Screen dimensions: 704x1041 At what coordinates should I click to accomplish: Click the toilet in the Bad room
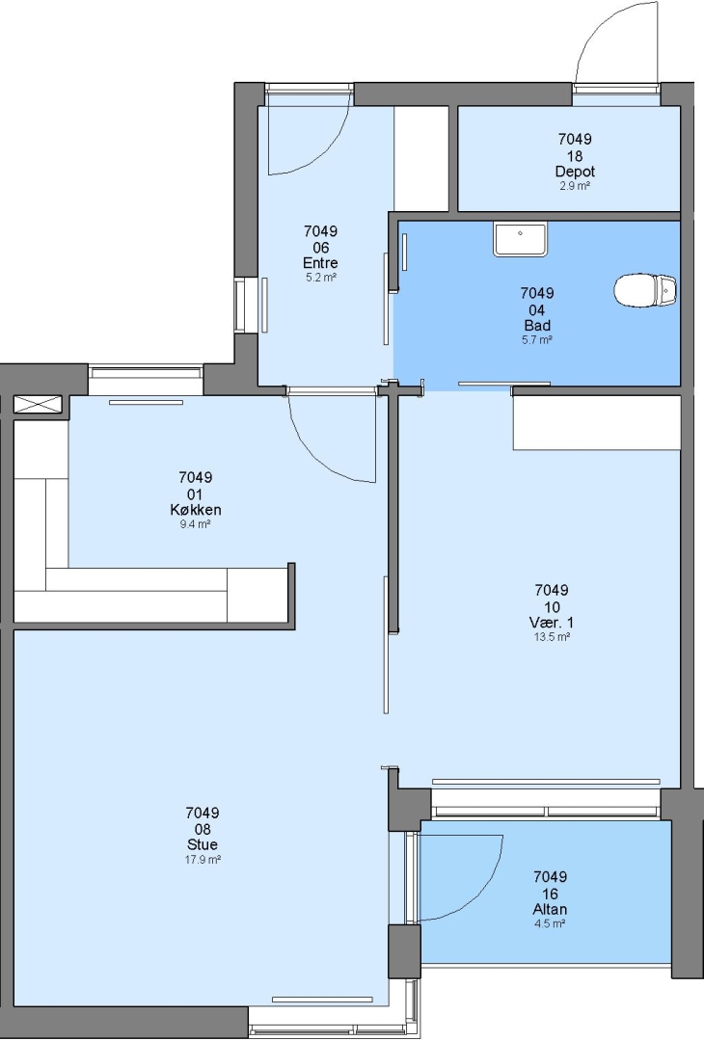[645, 290]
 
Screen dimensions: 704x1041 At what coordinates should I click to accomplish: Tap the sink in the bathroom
[520, 239]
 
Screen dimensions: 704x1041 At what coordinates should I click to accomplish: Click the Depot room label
[575, 172]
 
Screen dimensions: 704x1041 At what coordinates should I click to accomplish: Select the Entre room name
[321, 263]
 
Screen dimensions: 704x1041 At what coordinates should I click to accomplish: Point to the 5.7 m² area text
[537, 340]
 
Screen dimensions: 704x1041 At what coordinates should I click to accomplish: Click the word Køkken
[195, 510]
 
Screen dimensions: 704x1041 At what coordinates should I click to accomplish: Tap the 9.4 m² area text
[195, 524]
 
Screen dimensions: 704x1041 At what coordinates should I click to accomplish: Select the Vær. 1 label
[552, 622]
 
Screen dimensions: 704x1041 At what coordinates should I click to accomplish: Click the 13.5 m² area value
[552, 637]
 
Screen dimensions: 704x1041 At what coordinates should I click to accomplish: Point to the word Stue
[203, 844]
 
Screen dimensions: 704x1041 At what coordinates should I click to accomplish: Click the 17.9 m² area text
[203, 860]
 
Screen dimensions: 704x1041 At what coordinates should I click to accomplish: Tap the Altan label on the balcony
[550, 909]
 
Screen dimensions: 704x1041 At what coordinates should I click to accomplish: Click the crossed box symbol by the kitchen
[38, 404]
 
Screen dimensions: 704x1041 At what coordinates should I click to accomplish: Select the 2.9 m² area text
[575, 186]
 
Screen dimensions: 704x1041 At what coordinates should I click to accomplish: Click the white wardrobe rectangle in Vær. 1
[597, 423]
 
